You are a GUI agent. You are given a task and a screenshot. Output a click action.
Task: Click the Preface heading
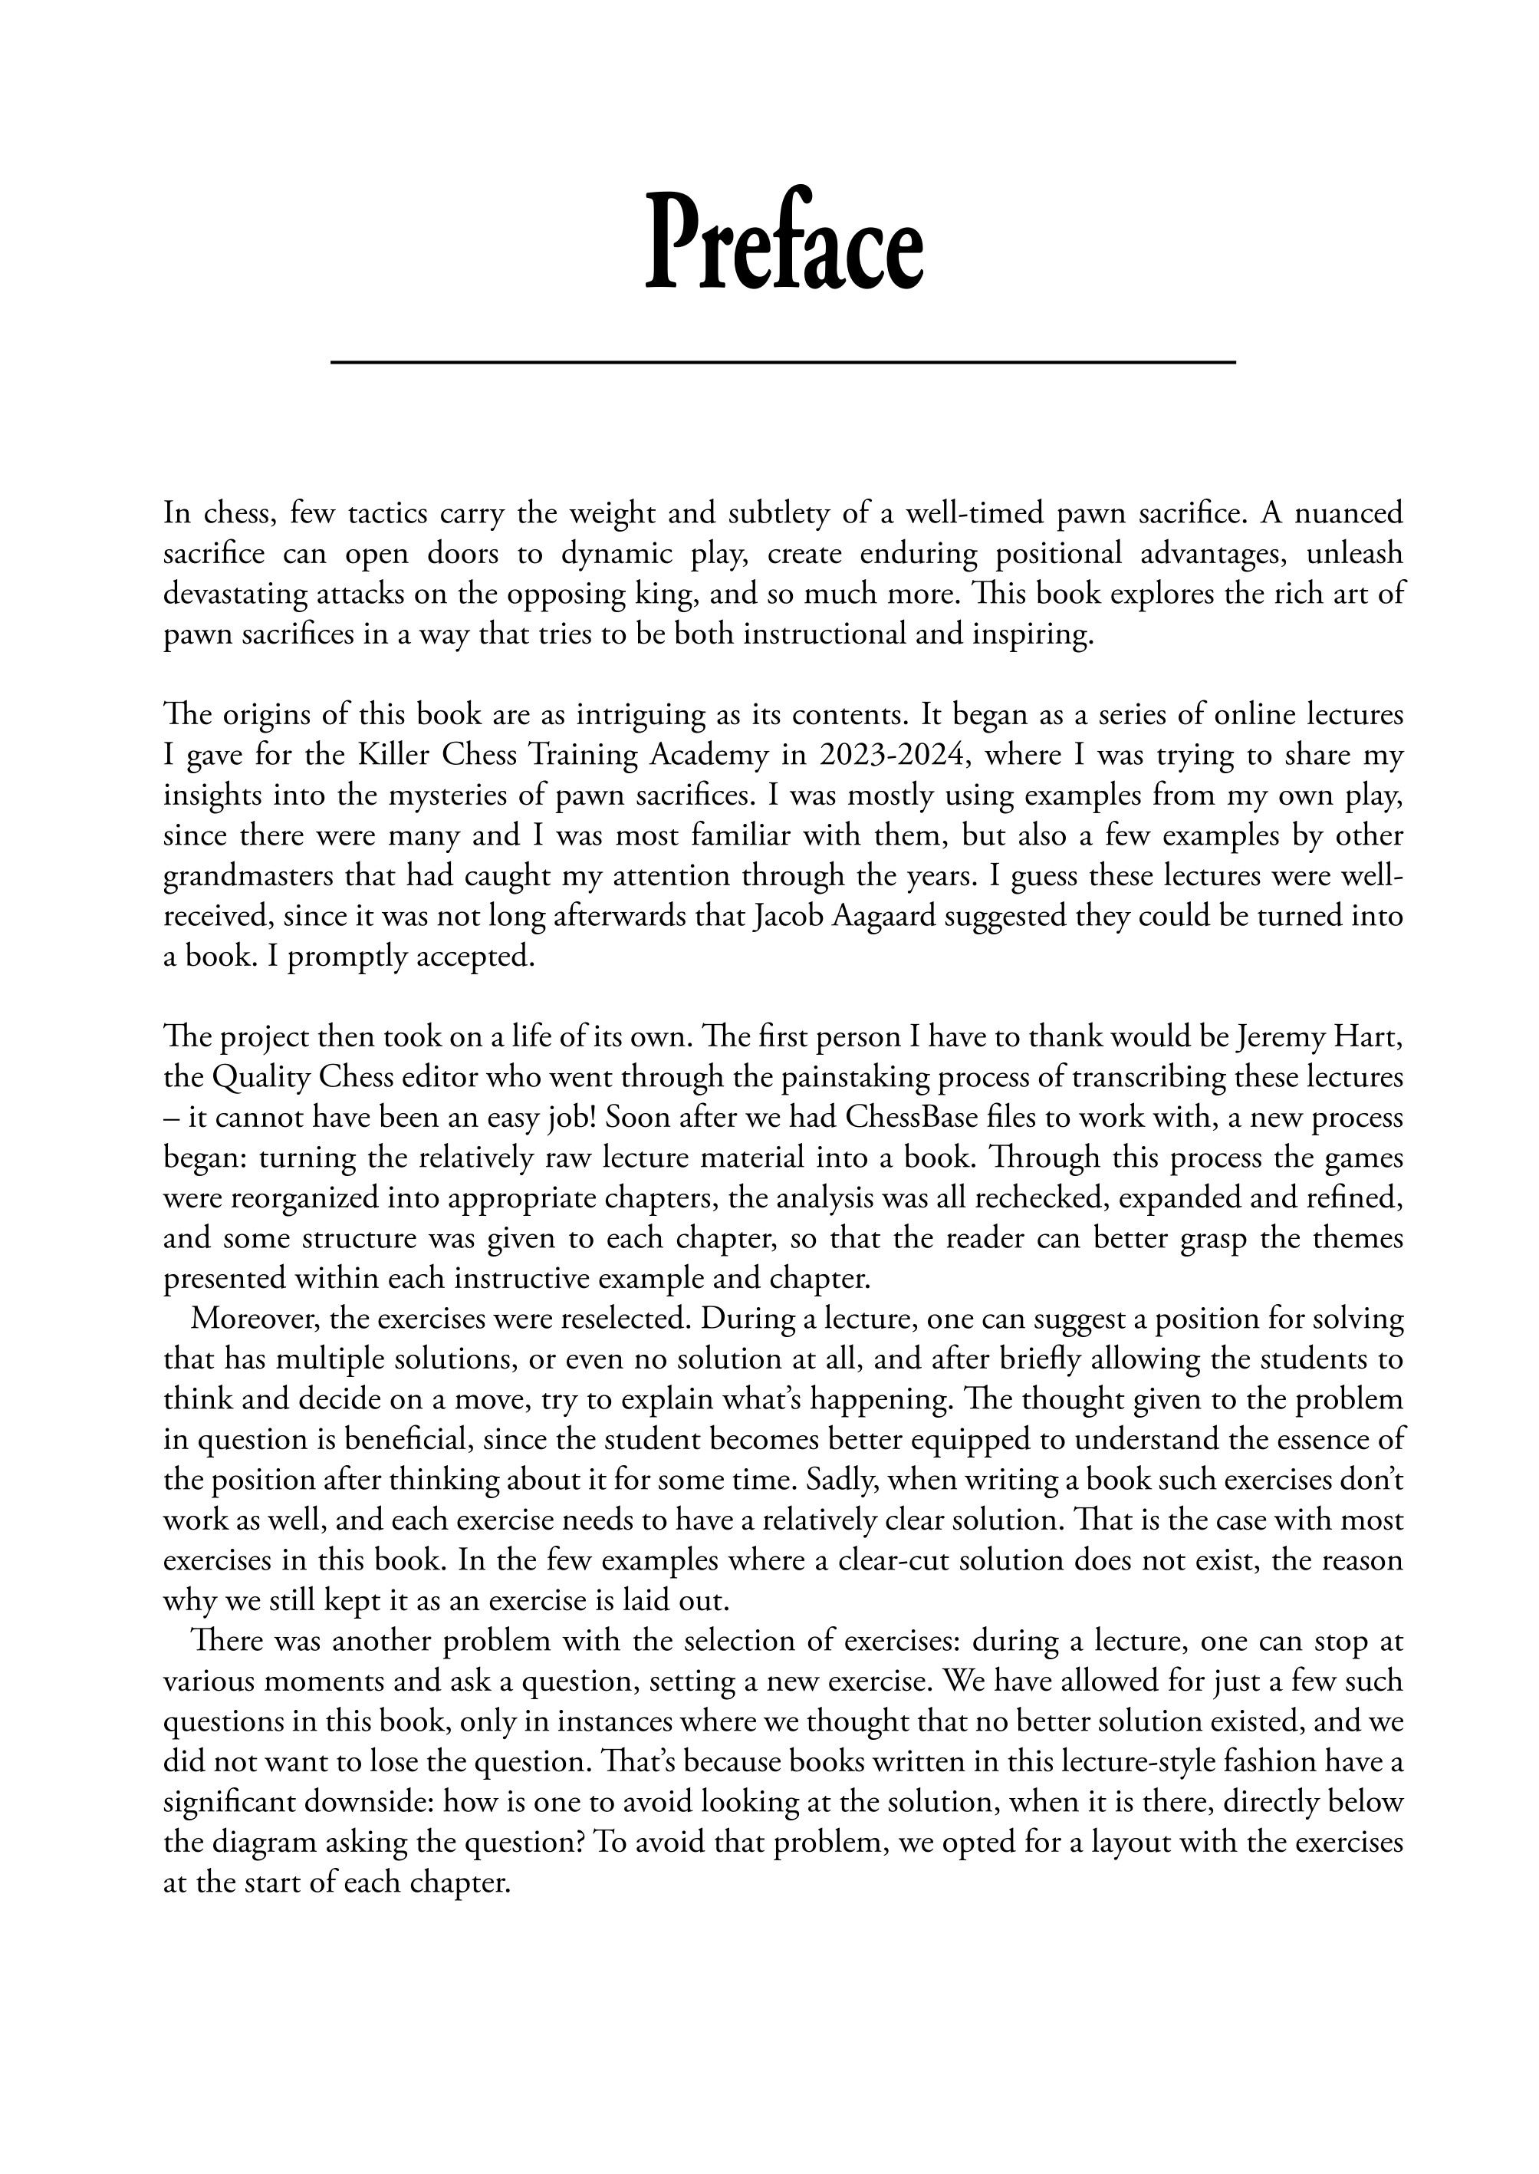point(783,242)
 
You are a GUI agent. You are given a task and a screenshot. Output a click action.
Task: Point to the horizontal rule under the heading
point(783,361)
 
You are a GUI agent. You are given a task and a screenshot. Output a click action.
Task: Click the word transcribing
point(1086,1078)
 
